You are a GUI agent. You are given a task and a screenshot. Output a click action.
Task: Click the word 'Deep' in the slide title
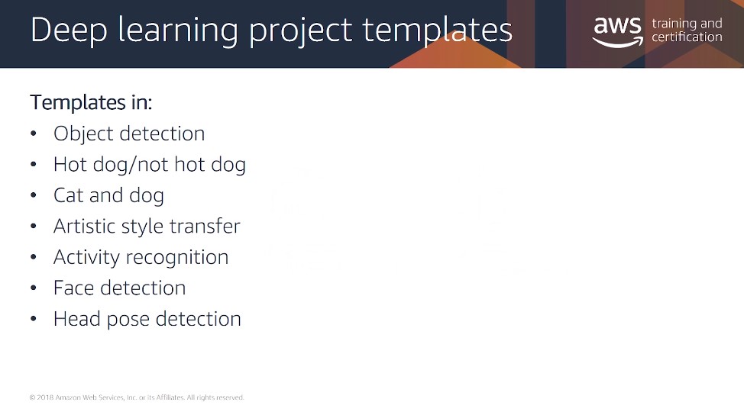(70, 31)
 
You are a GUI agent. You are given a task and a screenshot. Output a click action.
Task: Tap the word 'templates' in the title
(438, 31)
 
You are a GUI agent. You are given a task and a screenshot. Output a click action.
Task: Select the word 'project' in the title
(300, 31)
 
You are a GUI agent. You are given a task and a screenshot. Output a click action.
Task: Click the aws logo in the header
(618, 32)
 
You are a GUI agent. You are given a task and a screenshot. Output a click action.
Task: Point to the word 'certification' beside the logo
(687, 37)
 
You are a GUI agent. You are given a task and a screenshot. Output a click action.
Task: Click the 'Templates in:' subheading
(91, 102)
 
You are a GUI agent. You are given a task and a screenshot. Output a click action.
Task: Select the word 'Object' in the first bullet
(83, 134)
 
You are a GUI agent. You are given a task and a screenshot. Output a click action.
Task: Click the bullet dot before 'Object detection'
(33, 134)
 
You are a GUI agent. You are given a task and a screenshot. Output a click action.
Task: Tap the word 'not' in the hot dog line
(153, 165)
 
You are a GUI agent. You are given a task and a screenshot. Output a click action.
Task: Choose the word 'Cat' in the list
(68, 195)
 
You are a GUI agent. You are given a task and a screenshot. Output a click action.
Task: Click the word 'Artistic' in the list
(85, 226)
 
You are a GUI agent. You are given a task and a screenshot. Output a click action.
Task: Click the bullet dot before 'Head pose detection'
(33, 319)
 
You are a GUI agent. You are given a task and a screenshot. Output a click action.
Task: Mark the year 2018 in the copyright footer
(45, 397)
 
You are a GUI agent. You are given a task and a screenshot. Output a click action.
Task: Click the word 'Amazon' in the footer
(68, 397)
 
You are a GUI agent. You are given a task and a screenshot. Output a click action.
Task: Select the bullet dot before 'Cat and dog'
(33, 195)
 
